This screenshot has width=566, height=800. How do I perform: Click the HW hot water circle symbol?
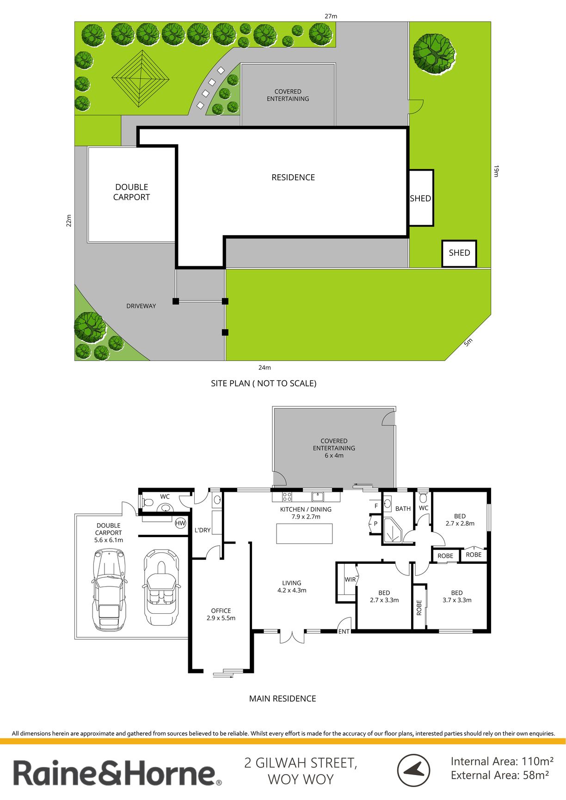180,523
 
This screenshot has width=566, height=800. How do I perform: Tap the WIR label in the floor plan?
350,580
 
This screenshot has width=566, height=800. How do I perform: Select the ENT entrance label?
344,632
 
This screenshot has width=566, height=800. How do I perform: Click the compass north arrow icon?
413,770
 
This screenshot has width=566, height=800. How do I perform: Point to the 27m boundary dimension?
331,16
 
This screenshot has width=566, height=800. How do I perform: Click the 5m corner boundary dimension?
468,342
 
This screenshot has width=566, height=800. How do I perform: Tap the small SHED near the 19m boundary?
459,253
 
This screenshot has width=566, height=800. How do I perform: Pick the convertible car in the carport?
161,587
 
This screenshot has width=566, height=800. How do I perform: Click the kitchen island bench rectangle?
304,533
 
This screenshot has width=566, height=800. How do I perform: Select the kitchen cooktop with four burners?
287,497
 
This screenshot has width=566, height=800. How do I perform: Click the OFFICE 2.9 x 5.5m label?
221,614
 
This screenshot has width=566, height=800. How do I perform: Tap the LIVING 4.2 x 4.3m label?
292,586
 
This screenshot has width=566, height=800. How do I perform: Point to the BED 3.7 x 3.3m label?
457,597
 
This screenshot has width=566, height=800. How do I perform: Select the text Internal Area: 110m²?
502,761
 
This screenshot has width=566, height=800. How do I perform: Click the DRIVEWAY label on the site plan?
141,306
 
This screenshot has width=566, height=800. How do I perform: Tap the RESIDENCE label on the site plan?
293,177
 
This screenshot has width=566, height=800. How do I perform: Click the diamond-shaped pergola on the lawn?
141,78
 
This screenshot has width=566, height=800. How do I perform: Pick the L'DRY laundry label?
203,530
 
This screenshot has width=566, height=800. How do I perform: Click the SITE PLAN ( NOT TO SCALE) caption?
264,383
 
